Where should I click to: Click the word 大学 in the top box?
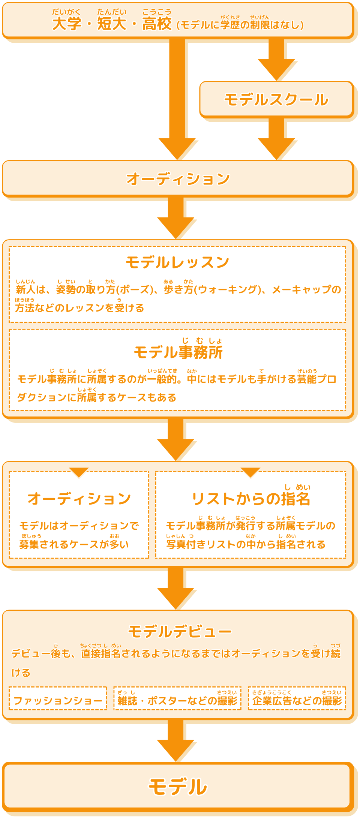(x=66, y=24)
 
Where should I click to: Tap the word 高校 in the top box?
(x=157, y=24)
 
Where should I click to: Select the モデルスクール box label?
(x=276, y=100)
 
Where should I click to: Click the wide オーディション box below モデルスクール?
(x=178, y=179)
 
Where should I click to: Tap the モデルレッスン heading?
(x=177, y=262)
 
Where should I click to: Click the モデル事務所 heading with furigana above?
(x=178, y=352)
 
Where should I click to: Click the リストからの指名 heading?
(x=250, y=499)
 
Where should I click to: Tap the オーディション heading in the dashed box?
(x=79, y=499)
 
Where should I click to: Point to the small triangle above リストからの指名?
(x=250, y=472)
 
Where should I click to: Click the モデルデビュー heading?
(x=180, y=632)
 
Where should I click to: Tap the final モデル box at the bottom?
(x=178, y=787)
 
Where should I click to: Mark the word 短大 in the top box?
(x=111, y=24)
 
